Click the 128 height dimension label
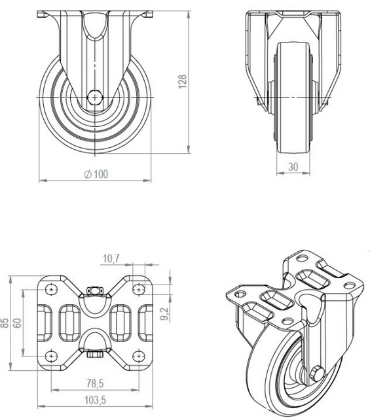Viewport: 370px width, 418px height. coord(183,80)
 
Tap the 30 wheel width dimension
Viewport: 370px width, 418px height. coord(293,167)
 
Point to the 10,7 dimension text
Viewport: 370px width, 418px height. coord(111,260)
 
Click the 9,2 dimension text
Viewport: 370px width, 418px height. coord(165,315)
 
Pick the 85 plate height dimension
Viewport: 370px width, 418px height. coord(6,322)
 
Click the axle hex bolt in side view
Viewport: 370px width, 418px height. coord(96,97)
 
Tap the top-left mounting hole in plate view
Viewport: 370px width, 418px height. coord(51,288)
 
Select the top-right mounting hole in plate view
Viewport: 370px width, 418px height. coord(138,288)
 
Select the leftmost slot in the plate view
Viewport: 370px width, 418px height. coord(48,322)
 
